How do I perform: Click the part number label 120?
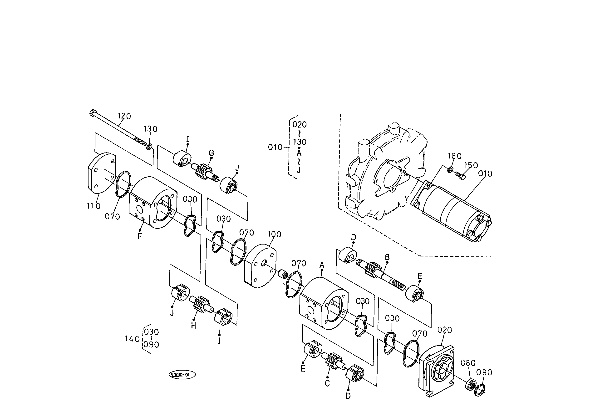point(124,116)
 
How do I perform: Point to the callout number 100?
point(275,234)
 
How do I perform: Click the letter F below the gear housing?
point(140,236)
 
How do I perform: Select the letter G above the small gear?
point(211,153)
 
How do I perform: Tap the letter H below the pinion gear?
point(193,326)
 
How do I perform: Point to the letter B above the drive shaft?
point(387,257)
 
